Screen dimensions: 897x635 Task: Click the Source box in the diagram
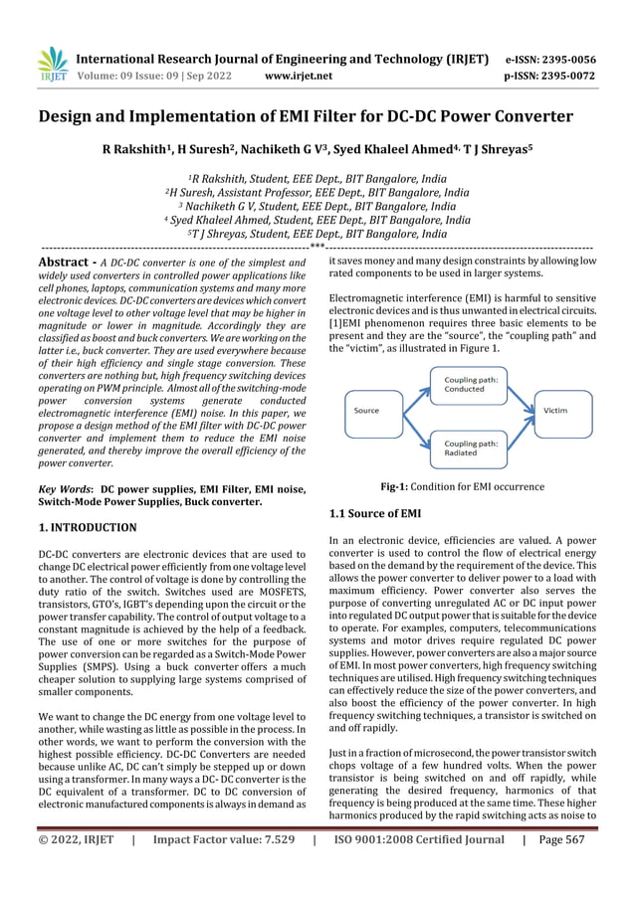click(367, 409)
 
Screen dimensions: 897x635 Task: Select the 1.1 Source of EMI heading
click(374, 513)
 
